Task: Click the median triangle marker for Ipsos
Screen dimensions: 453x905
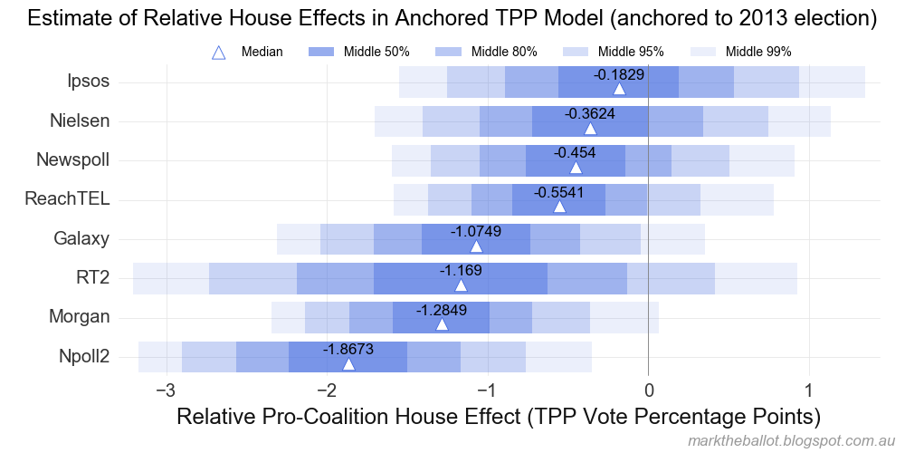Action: pos(619,88)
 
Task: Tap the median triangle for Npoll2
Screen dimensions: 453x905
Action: pos(348,363)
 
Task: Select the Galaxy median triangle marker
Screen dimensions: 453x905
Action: pos(476,246)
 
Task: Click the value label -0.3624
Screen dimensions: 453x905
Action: pos(590,114)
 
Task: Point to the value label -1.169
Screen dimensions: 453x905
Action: pos(461,270)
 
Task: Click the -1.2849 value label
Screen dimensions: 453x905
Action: pos(442,310)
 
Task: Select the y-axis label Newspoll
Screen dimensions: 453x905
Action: pos(73,160)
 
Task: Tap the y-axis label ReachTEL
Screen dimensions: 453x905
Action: pos(68,199)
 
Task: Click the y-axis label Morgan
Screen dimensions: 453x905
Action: pos(80,317)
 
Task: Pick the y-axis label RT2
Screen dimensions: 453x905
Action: pos(93,278)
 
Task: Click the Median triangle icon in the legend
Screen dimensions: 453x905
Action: pos(218,53)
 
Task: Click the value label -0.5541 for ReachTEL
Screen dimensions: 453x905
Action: pos(559,193)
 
